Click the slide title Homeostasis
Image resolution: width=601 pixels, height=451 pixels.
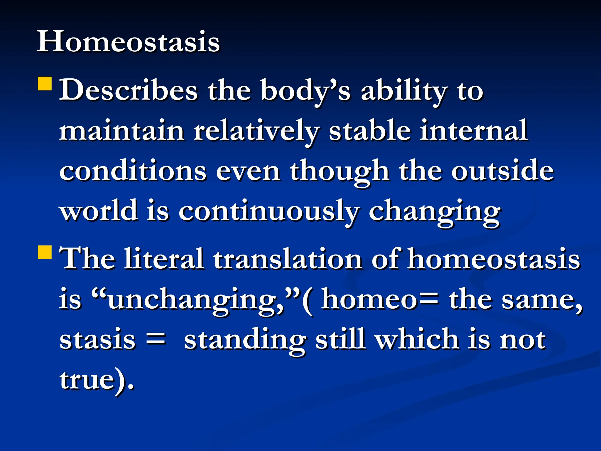(128, 42)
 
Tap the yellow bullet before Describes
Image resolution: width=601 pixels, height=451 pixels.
(45, 83)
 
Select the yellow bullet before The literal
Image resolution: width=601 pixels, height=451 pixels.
(45, 252)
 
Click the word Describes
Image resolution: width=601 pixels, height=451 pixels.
(129, 90)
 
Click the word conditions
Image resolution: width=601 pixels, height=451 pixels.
(133, 171)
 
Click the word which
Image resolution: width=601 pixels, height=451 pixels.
(417, 340)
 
